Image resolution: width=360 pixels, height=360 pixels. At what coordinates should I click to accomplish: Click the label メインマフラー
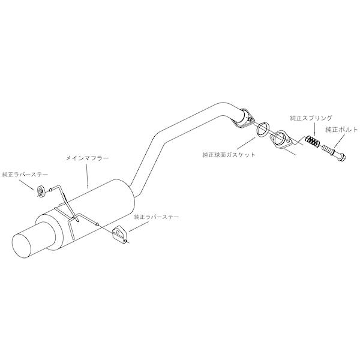[x=87, y=158]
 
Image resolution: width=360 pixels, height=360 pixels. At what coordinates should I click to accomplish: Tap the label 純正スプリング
[x=311, y=118]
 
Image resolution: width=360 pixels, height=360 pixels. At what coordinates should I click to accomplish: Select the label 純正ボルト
[x=341, y=130]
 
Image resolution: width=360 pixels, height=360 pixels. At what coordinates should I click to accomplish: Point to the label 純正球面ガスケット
[x=229, y=155]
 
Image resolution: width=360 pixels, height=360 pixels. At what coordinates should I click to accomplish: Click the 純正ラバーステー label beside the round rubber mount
[x=25, y=175]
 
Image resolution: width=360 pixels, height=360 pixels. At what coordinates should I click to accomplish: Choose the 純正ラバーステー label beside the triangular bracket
[x=157, y=217]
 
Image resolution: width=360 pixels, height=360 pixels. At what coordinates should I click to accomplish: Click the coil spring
[x=312, y=142]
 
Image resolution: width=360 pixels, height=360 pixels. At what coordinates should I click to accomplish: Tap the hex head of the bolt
[x=342, y=157]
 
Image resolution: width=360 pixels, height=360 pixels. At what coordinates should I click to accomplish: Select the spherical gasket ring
[x=263, y=130]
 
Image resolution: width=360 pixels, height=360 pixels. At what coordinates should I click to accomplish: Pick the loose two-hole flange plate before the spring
[x=281, y=140]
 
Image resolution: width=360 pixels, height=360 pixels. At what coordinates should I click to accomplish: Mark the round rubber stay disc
[x=40, y=191]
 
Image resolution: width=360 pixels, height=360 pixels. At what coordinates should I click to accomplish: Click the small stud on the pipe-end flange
[x=250, y=119]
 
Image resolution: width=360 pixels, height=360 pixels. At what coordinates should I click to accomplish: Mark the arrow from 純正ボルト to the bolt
[x=339, y=140]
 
